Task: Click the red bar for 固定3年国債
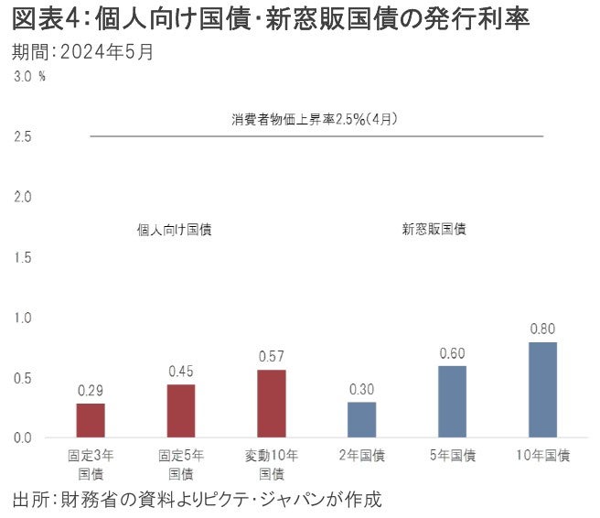[x=90, y=421]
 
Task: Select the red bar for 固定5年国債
[x=180, y=411]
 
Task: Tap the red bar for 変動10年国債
[x=271, y=404]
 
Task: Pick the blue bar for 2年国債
[x=361, y=420]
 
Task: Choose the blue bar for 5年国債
[x=452, y=402]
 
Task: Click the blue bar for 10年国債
[x=542, y=390]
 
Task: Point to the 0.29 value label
[x=90, y=391]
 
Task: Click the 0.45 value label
[x=180, y=372]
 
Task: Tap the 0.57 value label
[x=271, y=357]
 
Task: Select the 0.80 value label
[x=542, y=329]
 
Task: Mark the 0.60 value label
[x=452, y=353]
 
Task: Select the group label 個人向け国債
[x=174, y=230]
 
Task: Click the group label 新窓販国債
[x=434, y=230]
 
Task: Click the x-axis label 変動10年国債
[x=271, y=464]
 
